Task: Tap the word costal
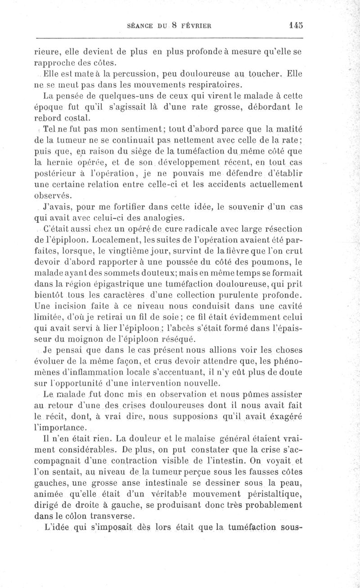click(76, 118)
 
